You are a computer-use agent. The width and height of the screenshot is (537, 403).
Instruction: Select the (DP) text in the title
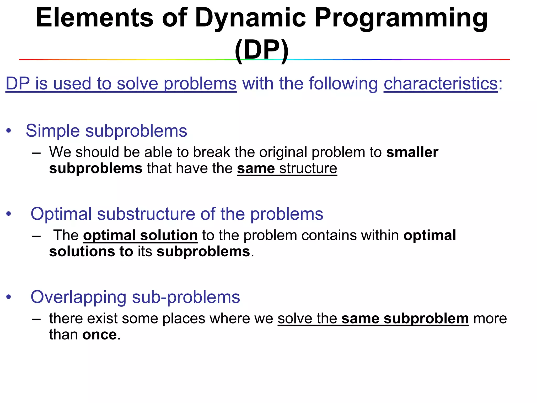262,50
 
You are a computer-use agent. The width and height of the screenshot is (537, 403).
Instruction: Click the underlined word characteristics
441,84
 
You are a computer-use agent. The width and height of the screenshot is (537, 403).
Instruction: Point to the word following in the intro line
343,84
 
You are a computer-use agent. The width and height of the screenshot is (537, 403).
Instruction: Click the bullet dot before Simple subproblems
9,131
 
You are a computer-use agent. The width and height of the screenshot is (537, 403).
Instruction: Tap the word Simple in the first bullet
53,131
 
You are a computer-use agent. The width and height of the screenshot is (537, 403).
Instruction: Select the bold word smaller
412,152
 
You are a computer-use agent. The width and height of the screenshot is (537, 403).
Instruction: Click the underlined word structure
308,168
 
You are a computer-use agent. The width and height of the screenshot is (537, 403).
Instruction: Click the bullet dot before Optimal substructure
9,214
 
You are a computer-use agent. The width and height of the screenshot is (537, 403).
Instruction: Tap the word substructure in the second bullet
146,214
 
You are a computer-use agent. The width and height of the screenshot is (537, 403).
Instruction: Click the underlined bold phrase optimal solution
140,235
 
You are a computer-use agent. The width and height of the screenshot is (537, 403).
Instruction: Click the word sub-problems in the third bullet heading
186,297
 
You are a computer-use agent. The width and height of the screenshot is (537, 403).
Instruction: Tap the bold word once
99,335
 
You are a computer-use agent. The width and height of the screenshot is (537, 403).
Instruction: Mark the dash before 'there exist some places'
36,319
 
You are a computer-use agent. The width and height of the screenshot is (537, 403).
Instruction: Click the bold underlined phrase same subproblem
405,319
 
